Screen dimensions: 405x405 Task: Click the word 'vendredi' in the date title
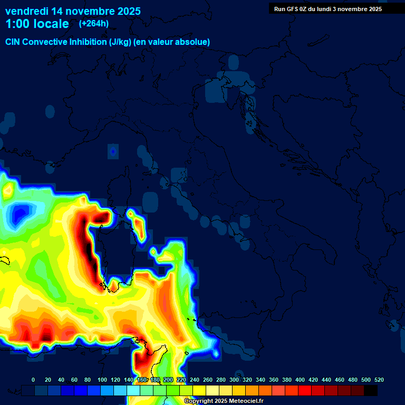point(27,11)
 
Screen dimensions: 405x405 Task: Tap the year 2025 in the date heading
point(127,11)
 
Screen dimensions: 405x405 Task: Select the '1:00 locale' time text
point(37,24)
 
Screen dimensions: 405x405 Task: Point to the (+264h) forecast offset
point(94,24)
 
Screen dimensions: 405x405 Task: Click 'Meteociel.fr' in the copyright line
point(246,401)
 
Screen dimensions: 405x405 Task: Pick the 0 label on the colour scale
point(33,380)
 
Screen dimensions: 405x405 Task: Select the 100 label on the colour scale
point(102,380)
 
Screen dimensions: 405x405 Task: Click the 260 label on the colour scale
point(208,380)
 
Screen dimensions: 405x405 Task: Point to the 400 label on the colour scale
point(300,380)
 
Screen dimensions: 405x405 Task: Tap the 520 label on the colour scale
point(379,380)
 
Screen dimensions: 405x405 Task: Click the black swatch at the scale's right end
point(371,391)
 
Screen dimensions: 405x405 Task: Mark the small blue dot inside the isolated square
point(113,152)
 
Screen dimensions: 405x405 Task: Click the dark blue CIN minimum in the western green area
point(19,214)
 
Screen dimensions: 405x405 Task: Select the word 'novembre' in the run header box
point(354,9)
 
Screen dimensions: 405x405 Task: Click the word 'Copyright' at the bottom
point(199,401)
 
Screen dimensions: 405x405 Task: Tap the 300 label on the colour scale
point(234,380)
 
